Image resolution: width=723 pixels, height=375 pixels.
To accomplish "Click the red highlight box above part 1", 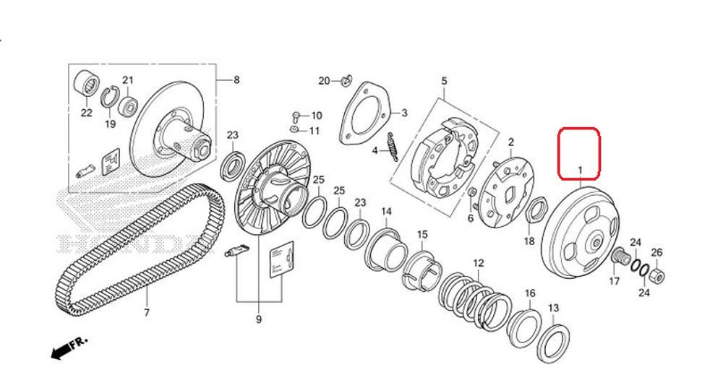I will coord(578,153).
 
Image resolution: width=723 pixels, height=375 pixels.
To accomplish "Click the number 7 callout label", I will coord(146,313).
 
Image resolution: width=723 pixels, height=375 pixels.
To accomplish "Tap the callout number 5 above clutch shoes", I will coord(444,82).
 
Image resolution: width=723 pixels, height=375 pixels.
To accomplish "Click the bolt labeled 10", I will coord(296,116).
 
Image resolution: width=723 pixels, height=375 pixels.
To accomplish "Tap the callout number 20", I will coord(324,79).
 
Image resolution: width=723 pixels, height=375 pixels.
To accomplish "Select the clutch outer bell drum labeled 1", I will coord(582,228).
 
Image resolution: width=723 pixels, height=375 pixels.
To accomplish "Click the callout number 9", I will coord(258,319).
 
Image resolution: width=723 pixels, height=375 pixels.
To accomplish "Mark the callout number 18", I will coord(529,241).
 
